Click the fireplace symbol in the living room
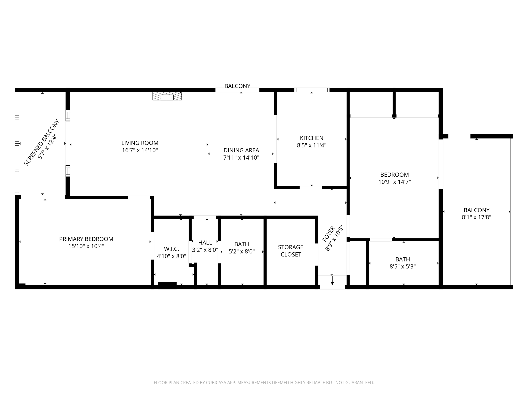[x=167, y=96]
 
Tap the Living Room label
[x=140, y=143]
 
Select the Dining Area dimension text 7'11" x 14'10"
[x=241, y=158]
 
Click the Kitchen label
[x=311, y=138]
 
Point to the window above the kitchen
[x=312, y=90]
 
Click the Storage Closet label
[x=291, y=251]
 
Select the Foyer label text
[x=329, y=234]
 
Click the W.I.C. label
[x=171, y=249]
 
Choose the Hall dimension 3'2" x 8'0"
[x=205, y=250]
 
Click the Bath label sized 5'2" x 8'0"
[x=242, y=244]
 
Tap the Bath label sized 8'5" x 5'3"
[x=402, y=259]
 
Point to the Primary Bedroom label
[x=86, y=239]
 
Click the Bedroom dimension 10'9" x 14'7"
[x=394, y=182]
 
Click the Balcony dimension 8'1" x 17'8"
[x=476, y=217]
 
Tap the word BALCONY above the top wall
[x=237, y=86]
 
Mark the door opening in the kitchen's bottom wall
[x=311, y=187]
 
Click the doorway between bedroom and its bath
[x=381, y=240]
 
